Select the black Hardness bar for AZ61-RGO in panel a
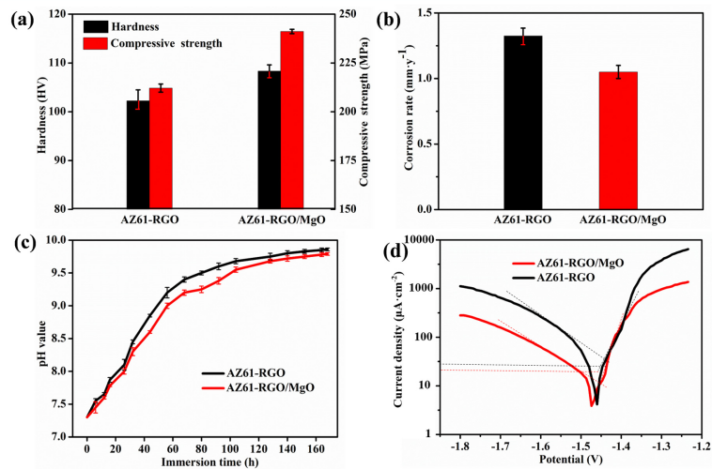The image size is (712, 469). click(138, 155)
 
